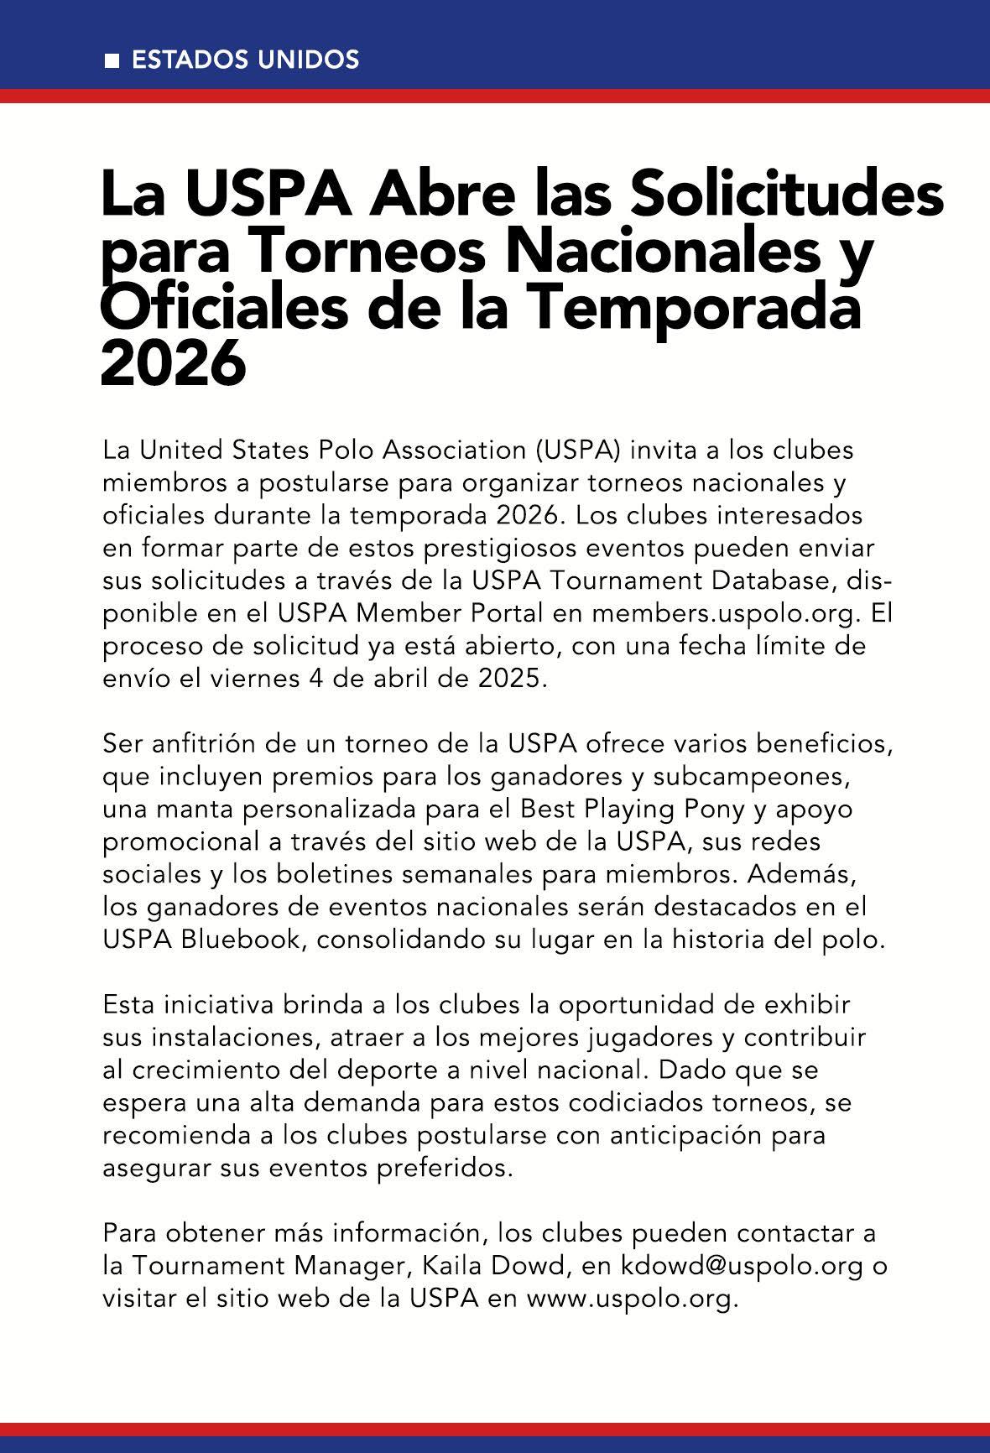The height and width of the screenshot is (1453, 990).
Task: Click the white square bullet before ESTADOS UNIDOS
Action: [111, 61]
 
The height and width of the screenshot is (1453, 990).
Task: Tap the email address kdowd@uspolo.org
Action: [741, 1266]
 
